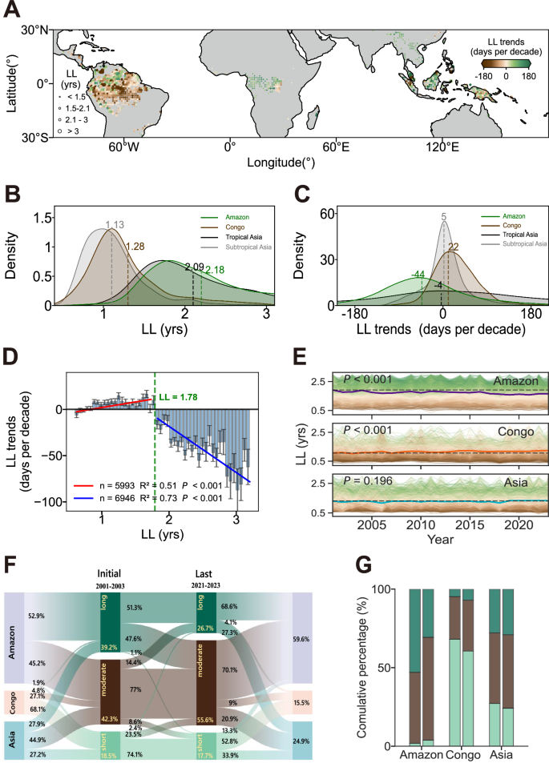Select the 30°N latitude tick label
coord(36,30)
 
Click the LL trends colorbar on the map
coord(506,63)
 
